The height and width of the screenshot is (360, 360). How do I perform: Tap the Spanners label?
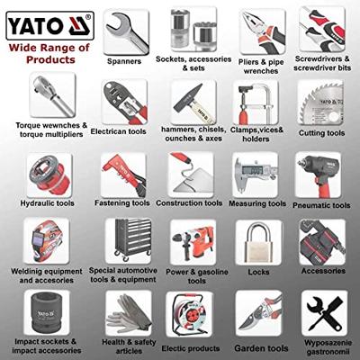pyautogui.click(x=122, y=62)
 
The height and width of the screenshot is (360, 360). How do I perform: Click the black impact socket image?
pyautogui.click(x=43, y=310)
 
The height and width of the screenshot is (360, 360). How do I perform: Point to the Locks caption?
pyautogui.click(x=258, y=270)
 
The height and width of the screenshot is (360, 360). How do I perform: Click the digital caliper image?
pyautogui.click(x=255, y=173)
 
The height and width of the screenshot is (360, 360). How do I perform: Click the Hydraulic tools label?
pyautogui.click(x=45, y=203)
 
